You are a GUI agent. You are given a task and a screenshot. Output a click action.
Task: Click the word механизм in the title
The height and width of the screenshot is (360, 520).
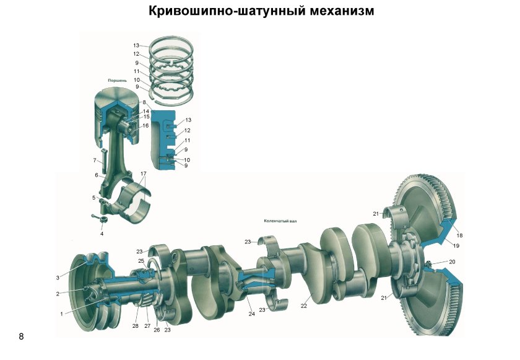(334, 11)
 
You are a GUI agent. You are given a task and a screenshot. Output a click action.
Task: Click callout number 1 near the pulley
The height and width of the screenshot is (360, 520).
(62, 314)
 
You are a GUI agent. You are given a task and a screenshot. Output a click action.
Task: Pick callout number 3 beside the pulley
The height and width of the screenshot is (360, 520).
(58, 278)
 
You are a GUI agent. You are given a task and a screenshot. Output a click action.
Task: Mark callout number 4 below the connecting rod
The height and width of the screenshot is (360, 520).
(102, 234)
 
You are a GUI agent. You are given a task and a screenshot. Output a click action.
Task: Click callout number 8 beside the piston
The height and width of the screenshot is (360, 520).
(144, 102)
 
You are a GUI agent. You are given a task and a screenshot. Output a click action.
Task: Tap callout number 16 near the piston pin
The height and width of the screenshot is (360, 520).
(145, 126)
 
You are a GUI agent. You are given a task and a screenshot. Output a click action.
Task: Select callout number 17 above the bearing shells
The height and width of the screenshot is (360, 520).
(143, 173)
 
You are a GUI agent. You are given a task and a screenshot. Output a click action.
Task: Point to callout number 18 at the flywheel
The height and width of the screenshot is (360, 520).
(460, 235)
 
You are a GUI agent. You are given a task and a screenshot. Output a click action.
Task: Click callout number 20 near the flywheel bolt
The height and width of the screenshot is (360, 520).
(452, 261)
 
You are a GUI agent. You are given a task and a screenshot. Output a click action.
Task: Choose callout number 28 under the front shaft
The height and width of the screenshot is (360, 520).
(135, 325)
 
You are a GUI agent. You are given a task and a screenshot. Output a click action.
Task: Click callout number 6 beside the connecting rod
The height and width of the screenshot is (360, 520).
(97, 175)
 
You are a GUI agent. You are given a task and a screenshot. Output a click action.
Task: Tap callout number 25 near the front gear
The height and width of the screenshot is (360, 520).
(141, 261)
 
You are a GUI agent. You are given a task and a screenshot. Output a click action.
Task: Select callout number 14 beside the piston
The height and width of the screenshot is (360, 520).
(146, 112)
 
